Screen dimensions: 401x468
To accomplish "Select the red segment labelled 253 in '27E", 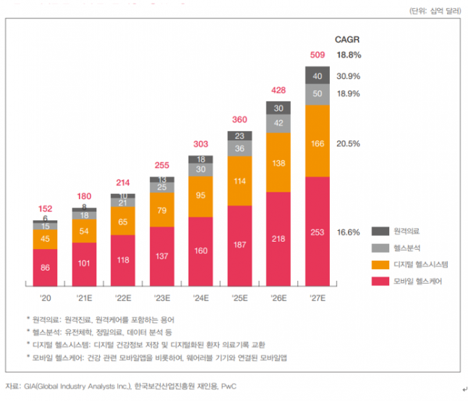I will pyautogui.click(x=318, y=232).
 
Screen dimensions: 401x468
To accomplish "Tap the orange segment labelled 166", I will pyautogui.click(x=318, y=145).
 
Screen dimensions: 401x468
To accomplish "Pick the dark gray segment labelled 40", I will pyautogui.click(x=318, y=76).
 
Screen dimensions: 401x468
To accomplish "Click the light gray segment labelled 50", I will pyautogui.click(x=318, y=94).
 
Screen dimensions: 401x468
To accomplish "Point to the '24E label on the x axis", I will pyautogui.click(x=200, y=298).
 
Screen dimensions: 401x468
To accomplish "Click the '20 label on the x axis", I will pyautogui.click(x=45, y=298).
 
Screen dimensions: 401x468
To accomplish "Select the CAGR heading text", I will pyautogui.click(x=347, y=39).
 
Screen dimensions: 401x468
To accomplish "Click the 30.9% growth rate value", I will pyautogui.click(x=349, y=76).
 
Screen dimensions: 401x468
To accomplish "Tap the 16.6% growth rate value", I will pyautogui.click(x=349, y=232).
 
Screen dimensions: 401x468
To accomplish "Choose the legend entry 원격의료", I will pyautogui.click(x=407, y=231).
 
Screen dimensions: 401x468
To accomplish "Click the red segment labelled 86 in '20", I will pyautogui.click(x=45, y=269).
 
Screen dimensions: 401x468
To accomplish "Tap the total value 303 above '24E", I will pyautogui.click(x=200, y=144).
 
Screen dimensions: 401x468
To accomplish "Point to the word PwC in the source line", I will pyautogui.click(x=228, y=387).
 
